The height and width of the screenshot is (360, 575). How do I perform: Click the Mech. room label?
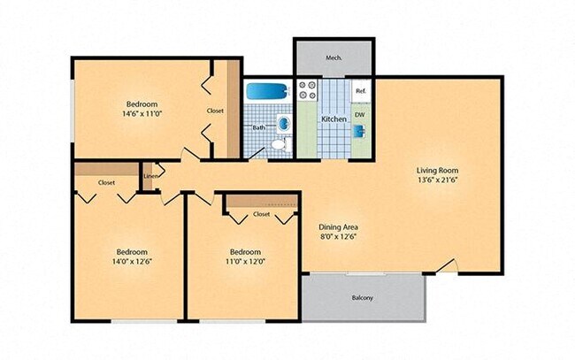click(333, 57)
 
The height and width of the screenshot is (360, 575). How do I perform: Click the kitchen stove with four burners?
click(308, 90)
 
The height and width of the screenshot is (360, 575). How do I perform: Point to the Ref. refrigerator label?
click(361, 91)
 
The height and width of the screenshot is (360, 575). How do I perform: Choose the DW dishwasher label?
click(360, 114)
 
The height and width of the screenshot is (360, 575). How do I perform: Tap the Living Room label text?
click(438, 170)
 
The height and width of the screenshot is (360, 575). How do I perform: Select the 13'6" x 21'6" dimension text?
click(438, 181)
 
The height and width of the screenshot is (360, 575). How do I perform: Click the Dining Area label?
click(339, 226)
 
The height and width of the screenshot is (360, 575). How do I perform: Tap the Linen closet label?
click(151, 176)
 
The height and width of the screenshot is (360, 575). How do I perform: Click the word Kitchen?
click(333, 119)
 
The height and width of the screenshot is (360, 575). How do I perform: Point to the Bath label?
click(259, 127)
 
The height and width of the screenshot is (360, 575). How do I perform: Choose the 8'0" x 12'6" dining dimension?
click(339, 238)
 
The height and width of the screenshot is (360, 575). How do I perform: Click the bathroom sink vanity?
click(283, 123)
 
